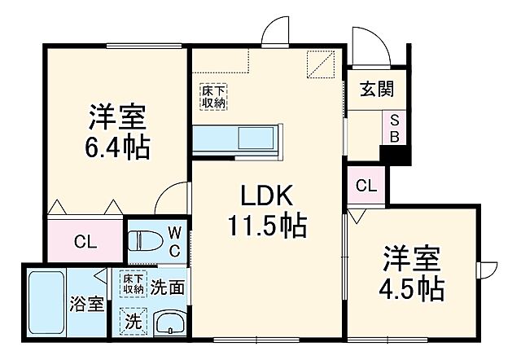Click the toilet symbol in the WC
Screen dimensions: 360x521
click(x=147, y=242)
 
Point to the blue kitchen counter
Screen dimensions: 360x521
click(x=237, y=139)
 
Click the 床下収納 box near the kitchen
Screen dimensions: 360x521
click(x=214, y=96)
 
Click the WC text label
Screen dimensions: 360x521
click(x=174, y=242)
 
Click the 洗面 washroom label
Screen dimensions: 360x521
click(x=166, y=287)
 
